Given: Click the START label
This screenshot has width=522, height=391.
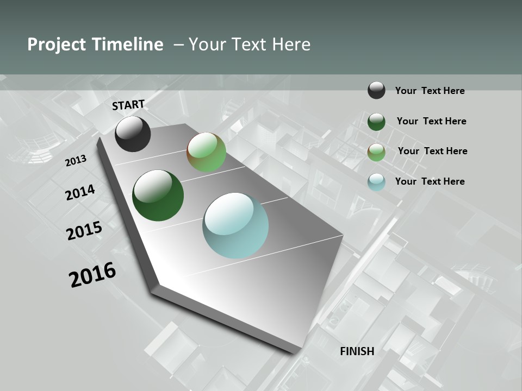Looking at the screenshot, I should (x=128, y=105).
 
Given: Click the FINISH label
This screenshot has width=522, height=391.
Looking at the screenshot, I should (x=357, y=351).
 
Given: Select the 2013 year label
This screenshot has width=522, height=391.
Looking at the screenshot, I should (x=76, y=160).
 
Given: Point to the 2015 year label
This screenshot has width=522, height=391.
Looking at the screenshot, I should (x=84, y=231).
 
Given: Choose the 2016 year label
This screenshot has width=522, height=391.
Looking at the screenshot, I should (x=92, y=275).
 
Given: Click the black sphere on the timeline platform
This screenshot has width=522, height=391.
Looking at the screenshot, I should (x=133, y=134).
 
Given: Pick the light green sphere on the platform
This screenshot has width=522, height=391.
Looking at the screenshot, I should (x=206, y=152).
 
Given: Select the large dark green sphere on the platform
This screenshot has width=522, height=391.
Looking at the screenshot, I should (x=158, y=195).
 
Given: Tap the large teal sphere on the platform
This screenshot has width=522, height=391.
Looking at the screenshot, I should (x=235, y=225).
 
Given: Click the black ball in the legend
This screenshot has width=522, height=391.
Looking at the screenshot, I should (x=376, y=90).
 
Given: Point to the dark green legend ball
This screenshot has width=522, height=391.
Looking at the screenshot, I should (x=376, y=122).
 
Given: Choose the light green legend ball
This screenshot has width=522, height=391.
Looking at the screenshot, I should (x=376, y=152).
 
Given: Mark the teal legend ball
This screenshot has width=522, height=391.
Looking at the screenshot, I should (x=376, y=182).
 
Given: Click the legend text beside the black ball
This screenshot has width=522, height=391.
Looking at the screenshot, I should (x=430, y=91).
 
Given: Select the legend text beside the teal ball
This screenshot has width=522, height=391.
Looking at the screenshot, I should (x=430, y=181).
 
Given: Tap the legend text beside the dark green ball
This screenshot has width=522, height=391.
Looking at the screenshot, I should (x=431, y=121).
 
